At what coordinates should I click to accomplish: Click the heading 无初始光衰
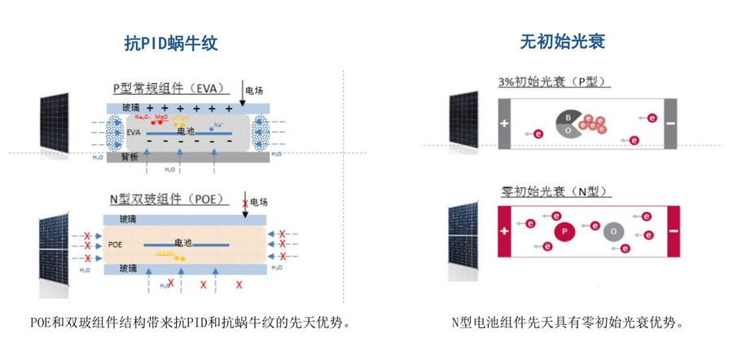click(x=562, y=42)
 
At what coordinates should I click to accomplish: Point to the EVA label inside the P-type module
click(x=135, y=131)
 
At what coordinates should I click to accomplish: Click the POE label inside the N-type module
click(x=115, y=244)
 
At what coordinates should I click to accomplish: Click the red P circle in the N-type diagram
click(x=564, y=232)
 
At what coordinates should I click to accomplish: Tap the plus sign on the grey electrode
click(x=504, y=124)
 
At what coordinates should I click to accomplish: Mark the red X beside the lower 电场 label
click(x=244, y=202)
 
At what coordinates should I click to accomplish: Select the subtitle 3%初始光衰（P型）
click(x=554, y=82)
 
